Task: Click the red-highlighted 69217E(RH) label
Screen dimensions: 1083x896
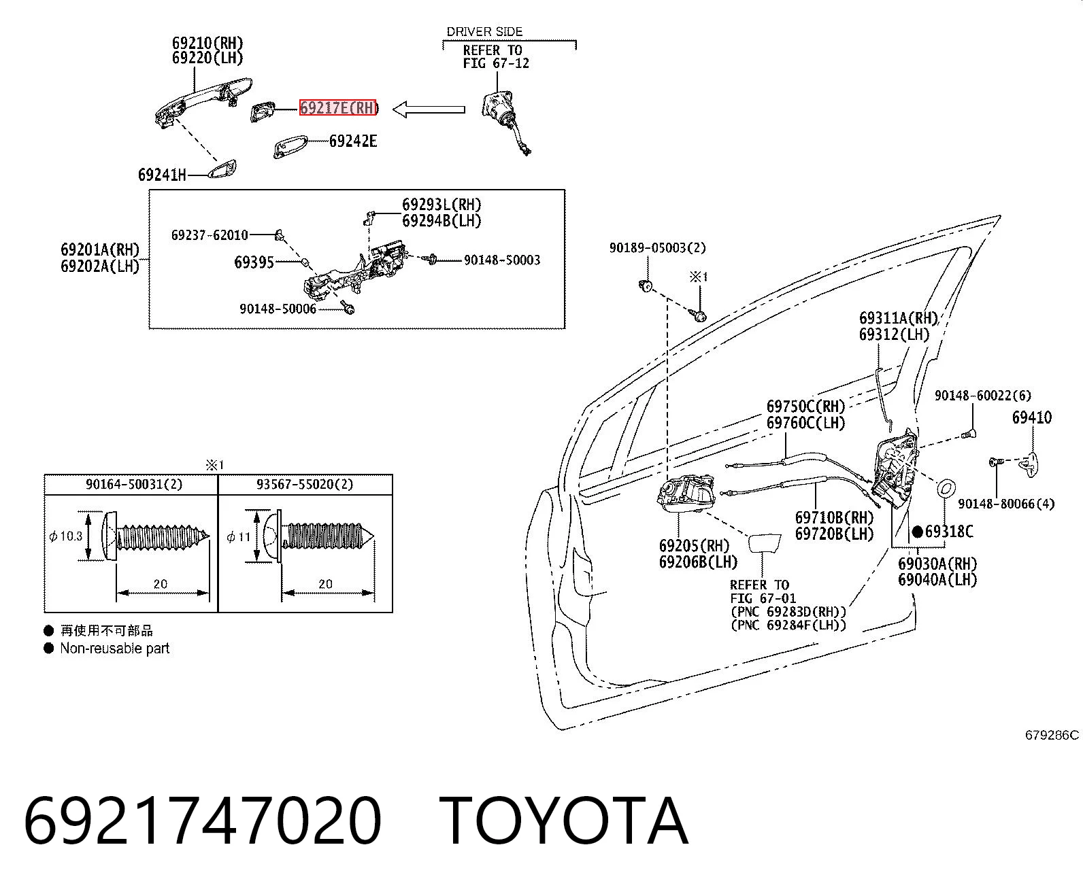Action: [337, 108]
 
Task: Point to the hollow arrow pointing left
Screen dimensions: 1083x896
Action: [429, 109]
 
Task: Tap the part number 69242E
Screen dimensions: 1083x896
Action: [352, 141]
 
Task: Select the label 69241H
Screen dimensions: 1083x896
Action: [162, 175]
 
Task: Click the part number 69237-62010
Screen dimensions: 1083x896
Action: [210, 235]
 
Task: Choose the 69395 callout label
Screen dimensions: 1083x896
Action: [254, 262]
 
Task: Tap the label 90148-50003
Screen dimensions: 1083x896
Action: [502, 260]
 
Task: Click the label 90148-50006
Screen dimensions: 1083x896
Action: [278, 309]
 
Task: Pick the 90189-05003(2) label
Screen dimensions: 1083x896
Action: [658, 248]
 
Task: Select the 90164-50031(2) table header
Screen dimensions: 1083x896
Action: [134, 484]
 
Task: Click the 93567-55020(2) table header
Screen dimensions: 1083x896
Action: [305, 484]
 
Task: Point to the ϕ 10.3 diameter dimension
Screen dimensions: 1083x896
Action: [66, 536]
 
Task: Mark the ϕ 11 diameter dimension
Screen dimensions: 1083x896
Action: [239, 536]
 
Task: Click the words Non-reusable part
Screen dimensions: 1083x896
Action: [115, 648]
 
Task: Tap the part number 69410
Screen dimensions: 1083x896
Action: [1032, 417]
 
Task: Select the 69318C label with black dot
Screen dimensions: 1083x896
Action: [942, 532]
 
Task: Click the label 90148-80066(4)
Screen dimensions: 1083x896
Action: [1006, 504]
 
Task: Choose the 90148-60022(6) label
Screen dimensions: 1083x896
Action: [983, 396]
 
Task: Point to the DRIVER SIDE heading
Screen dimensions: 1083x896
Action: [484, 32]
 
